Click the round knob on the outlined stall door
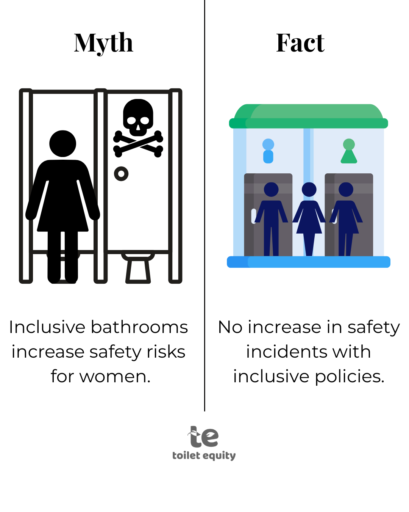(x=121, y=174)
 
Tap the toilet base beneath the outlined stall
(x=138, y=272)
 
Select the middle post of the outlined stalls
(x=101, y=186)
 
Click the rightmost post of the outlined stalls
(x=175, y=186)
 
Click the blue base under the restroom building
(x=309, y=262)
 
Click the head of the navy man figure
(x=271, y=190)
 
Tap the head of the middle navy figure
(x=309, y=190)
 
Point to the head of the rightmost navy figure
(x=346, y=190)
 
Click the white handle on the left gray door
(x=253, y=216)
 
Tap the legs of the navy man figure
(x=271, y=241)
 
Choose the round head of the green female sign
(x=349, y=144)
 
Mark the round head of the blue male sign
(x=268, y=144)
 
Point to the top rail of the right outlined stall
(x=138, y=92)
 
